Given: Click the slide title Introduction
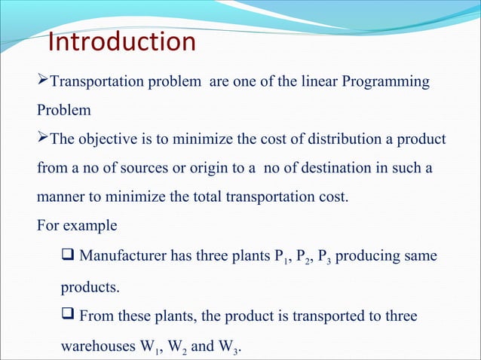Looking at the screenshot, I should [121, 42].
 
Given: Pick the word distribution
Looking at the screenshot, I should [332, 140].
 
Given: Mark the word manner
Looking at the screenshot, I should [59, 198].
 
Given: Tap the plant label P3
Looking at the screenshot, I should [320, 258].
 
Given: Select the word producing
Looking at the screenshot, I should [367, 256].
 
